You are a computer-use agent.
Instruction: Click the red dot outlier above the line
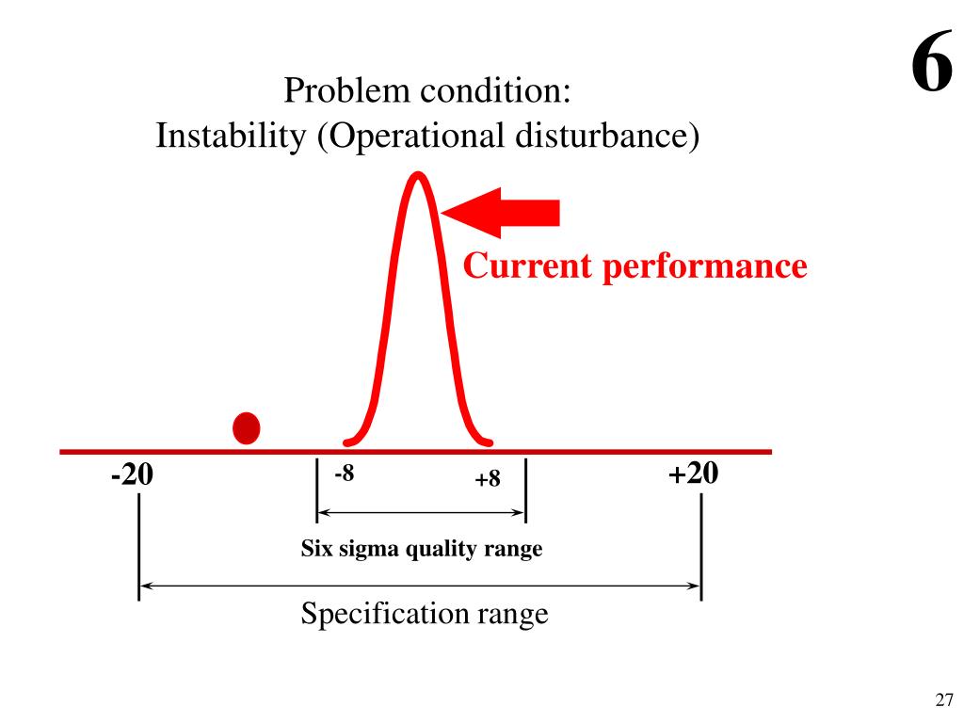tap(247, 428)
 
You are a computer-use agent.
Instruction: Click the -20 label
tap(131, 475)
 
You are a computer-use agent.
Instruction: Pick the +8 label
tap(488, 480)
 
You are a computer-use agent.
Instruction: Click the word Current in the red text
tap(528, 266)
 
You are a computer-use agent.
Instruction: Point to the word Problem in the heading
tap(347, 92)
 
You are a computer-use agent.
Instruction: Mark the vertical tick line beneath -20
tap(139, 546)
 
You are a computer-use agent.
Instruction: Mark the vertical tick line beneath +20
tap(701, 546)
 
